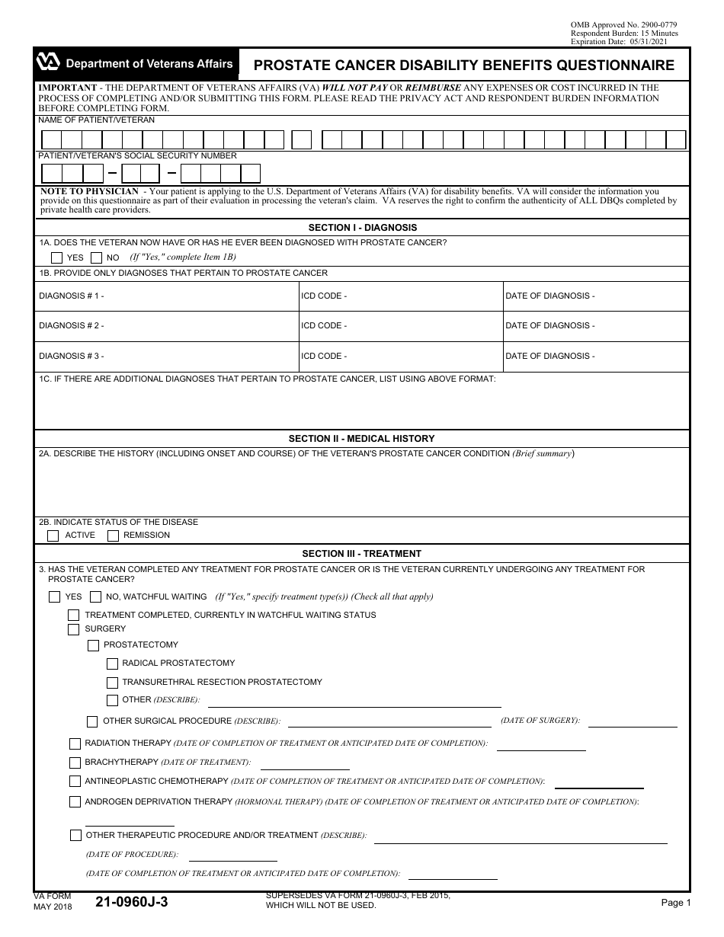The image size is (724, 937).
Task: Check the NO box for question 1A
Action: coord(96,257)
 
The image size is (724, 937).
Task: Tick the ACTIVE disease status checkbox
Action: coord(53,536)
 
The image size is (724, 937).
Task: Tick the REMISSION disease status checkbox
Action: coord(113,536)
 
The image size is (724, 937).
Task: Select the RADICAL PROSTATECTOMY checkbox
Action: coord(112,664)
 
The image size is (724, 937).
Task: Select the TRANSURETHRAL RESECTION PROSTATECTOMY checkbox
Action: coord(112,683)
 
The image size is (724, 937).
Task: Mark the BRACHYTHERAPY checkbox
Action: coord(75,763)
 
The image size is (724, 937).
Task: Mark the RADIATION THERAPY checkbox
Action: coord(75,744)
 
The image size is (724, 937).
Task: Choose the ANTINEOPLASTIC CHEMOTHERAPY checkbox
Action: coord(75,782)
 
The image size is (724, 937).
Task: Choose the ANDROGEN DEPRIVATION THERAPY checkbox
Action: coord(75,802)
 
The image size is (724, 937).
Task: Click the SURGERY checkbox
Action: coord(73,629)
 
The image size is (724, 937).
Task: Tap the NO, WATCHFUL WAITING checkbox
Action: coord(95,597)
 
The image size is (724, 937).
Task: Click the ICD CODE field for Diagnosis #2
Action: coord(400,326)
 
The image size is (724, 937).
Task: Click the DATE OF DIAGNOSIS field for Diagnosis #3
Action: coord(595,356)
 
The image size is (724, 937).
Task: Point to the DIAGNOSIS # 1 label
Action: coord(71,296)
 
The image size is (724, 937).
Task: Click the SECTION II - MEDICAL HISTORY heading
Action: coord(361,439)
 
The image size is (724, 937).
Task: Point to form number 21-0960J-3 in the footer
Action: coord(132,903)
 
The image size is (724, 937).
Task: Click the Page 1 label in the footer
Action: coord(675,903)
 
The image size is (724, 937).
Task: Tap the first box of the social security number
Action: coord(51,173)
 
